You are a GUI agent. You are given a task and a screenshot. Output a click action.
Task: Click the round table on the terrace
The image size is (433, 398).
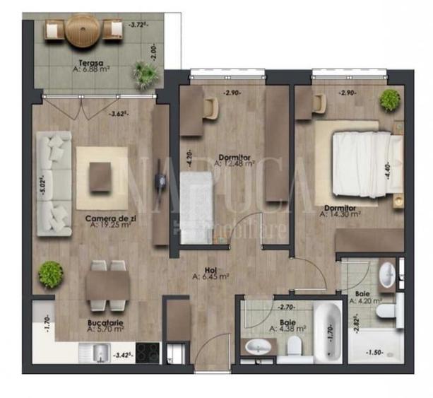pos(84,31)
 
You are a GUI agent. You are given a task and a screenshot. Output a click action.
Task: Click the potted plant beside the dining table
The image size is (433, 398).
pos(50,274)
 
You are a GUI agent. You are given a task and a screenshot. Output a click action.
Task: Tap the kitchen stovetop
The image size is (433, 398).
pos(147,351)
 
